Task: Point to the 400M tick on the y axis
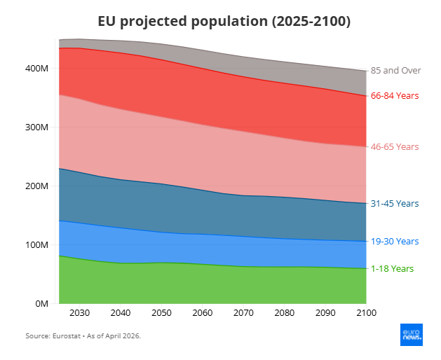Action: point(35,69)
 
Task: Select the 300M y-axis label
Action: point(35,127)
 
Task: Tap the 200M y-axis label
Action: point(35,186)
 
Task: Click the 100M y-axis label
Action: point(35,245)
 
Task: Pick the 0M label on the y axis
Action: point(39,304)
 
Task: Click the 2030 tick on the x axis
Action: point(79,312)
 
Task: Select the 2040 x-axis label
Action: point(120,312)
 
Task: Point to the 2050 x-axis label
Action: point(161,312)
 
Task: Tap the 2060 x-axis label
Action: point(202,312)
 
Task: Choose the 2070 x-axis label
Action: point(243,312)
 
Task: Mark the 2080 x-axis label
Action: point(283,312)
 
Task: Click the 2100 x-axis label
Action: point(365,312)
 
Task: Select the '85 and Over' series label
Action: point(395,70)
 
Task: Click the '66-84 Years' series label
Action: point(395,95)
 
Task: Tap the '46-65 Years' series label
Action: point(395,146)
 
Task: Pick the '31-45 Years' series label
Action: point(395,203)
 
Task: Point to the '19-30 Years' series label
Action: point(395,241)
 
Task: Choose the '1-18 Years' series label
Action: point(393,268)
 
